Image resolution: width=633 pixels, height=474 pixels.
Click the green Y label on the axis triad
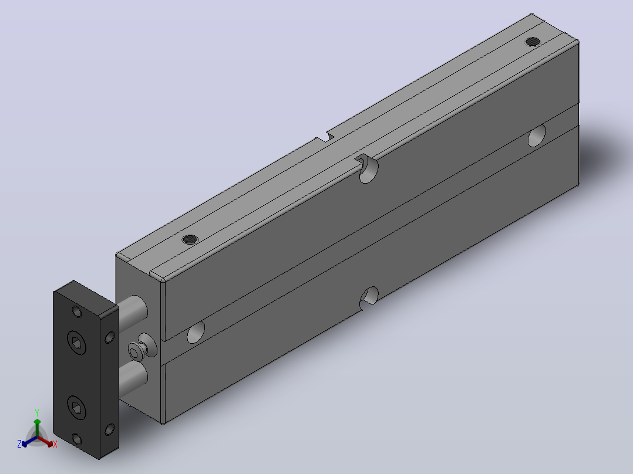click(x=37, y=412)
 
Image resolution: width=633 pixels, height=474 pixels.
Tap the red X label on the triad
click(x=55, y=444)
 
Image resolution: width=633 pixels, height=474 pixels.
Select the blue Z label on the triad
click(x=19, y=444)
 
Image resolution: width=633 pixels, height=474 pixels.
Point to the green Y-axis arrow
click(x=37, y=428)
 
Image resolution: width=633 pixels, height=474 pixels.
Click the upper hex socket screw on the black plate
click(x=77, y=343)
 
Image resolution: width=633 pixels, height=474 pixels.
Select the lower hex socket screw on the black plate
click(x=77, y=408)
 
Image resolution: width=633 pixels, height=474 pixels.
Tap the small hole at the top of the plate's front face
click(x=77, y=312)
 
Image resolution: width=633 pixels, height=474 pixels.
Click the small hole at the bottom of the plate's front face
click(x=77, y=439)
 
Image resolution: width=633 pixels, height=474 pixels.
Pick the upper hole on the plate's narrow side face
click(x=109, y=337)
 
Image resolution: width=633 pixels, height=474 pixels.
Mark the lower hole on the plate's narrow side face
click(x=109, y=429)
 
